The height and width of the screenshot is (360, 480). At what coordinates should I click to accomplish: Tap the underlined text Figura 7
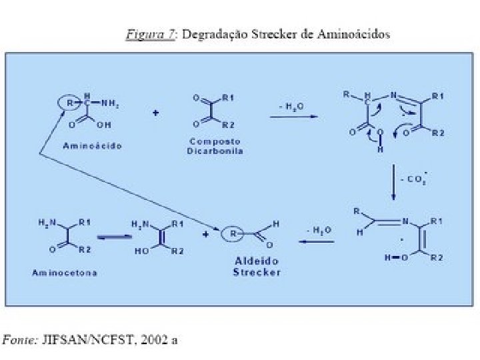(x=149, y=33)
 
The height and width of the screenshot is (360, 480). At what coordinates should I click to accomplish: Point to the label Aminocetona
(x=64, y=273)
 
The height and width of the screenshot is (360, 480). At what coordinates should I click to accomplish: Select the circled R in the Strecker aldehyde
(x=231, y=234)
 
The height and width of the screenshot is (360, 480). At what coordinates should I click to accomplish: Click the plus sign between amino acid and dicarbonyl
(x=155, y=113)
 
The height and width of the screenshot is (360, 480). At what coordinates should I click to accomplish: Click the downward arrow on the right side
(x=393, y=181)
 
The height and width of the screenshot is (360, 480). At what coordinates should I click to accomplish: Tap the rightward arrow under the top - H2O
(x=293, y=118)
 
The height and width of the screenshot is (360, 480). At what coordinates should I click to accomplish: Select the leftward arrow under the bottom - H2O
(x=316, y=243)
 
